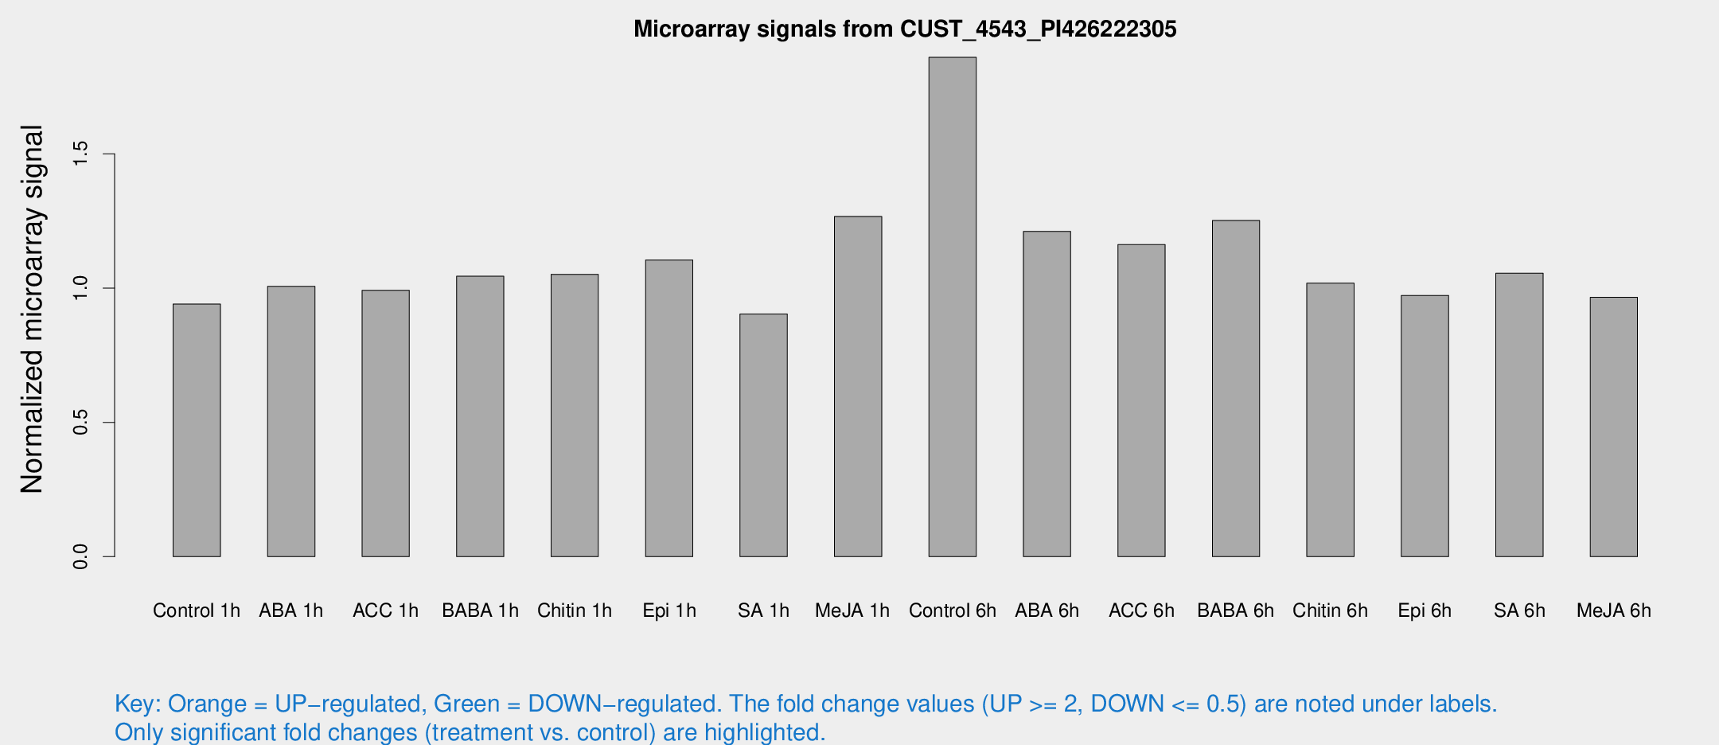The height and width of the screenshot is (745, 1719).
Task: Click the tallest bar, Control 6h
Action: pyautogui.click(x=952, y=306)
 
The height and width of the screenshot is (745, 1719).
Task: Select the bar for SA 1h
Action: pyautogui.click(x=763, y=435)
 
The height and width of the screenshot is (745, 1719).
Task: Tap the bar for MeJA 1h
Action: pyautogui.click(x=858, y=386)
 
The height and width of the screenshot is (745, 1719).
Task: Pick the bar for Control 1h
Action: pyautogui.click(x=197, y=430)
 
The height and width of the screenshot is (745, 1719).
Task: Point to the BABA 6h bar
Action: pyautogui.click(x=1236, y=388)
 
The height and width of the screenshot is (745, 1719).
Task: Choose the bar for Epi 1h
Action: pyautogui.click(x=668, y=408)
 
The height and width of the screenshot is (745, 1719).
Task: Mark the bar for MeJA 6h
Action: pyautogui.click(x=1613, y=427)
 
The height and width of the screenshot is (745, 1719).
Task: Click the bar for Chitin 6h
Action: pyautogui.click(x=1330, y=419)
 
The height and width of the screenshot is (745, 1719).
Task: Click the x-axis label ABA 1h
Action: pyautogui.click(x=290, y=610)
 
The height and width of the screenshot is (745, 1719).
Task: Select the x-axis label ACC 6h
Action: pyautogui.click(x=1141, y=610)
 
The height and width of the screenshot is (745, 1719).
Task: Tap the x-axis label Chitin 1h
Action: pyautogui.click(x=574, y=610)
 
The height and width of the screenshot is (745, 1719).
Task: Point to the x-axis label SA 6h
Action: pyautogui.click(x=1519, y=610)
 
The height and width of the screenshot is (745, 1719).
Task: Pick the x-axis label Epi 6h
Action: pyautogui.click(x=1425, y=610)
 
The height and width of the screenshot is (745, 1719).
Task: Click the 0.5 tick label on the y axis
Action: pyautogui.click(x=80, y=423)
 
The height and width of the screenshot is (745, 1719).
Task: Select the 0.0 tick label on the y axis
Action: pyautogui.click(x=80, y=556)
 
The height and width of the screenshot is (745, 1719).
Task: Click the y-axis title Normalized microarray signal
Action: pyautogui.click(x=32, y=309)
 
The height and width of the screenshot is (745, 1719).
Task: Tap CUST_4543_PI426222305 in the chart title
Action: pyautogui.click(x=1038, y=29)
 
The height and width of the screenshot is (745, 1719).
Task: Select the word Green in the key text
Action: pyautogui.click(x=466, y=704)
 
